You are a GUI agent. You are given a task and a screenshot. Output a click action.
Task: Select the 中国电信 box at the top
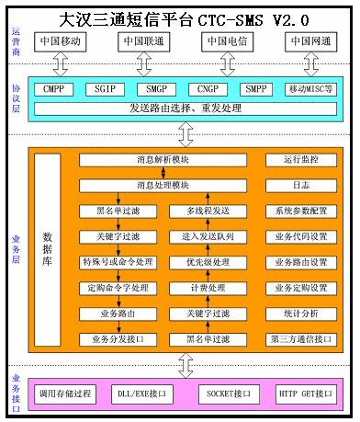(227, 42)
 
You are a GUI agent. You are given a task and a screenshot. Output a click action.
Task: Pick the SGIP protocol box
(105, 90)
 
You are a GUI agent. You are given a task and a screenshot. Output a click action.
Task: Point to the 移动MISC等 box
(309, 90)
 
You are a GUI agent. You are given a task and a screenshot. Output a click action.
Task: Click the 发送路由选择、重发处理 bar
(184, 109)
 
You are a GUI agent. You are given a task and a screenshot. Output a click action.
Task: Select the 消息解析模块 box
(163, 160)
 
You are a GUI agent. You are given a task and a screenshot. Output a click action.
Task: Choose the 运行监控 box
(299, 160)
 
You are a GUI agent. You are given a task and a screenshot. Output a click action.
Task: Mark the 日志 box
(299, 186)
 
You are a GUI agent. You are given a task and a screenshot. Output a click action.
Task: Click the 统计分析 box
(299, 314)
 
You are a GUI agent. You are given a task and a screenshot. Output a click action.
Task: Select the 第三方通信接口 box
(299, 340)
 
